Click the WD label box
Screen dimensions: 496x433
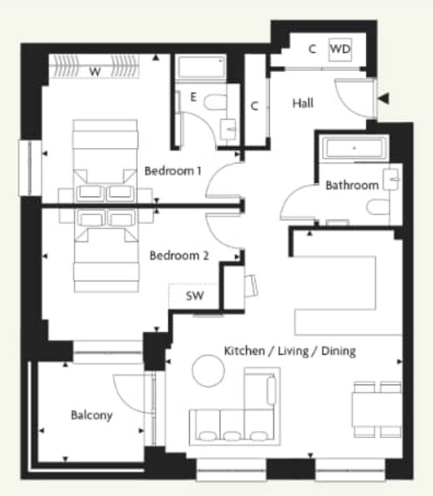tap(339, 49)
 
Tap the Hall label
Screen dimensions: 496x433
tap(302, 104)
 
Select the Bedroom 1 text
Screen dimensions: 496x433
tap(173, 171)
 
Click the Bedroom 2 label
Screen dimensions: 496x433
tap(179, 256)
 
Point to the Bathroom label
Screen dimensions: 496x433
tap(351, 185)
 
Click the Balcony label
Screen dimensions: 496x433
tap(91, 415)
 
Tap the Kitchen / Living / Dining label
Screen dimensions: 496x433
tap(289, 352)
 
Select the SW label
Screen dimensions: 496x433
tap(195, 297)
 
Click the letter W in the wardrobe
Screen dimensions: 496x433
tap(94, 71)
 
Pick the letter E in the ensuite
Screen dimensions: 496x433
tap(193, 96)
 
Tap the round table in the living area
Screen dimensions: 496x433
tap(207, 370)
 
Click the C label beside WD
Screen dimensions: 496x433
tap(312, 49)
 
